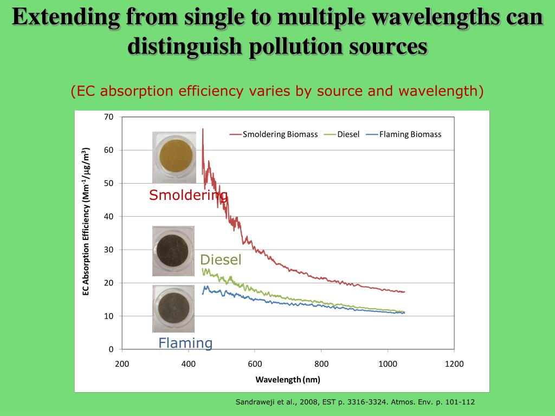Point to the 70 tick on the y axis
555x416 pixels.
108,117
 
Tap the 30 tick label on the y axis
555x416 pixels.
108,250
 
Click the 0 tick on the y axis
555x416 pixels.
111,349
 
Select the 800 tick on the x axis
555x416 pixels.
321,364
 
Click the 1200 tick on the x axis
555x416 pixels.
454,364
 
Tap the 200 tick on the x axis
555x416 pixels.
122,364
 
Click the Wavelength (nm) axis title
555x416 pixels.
288,380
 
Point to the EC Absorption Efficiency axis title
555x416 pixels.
86,222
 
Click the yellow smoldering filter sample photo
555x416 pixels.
173,157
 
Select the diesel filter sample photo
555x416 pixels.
173,251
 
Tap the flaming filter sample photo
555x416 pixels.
173,308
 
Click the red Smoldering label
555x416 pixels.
188,196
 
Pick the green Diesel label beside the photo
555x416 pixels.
221,260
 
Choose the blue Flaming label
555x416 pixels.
185,343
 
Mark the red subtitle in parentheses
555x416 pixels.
277,91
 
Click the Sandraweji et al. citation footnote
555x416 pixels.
355,402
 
